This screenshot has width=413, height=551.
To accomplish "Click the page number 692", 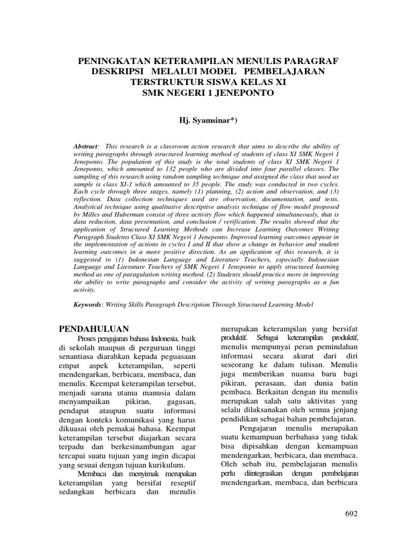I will [x=350, y=514].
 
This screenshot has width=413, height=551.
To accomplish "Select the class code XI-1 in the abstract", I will [x=121, y=183].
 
